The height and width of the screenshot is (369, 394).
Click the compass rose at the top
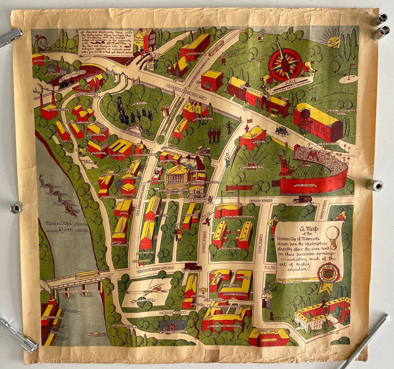pos(285,65)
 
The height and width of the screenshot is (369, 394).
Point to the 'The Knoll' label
pos(140,104)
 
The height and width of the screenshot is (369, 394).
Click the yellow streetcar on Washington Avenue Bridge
pos(87,275)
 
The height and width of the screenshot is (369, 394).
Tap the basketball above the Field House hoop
pos(305,114)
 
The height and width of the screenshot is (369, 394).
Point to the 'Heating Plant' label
pos(50,109)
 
